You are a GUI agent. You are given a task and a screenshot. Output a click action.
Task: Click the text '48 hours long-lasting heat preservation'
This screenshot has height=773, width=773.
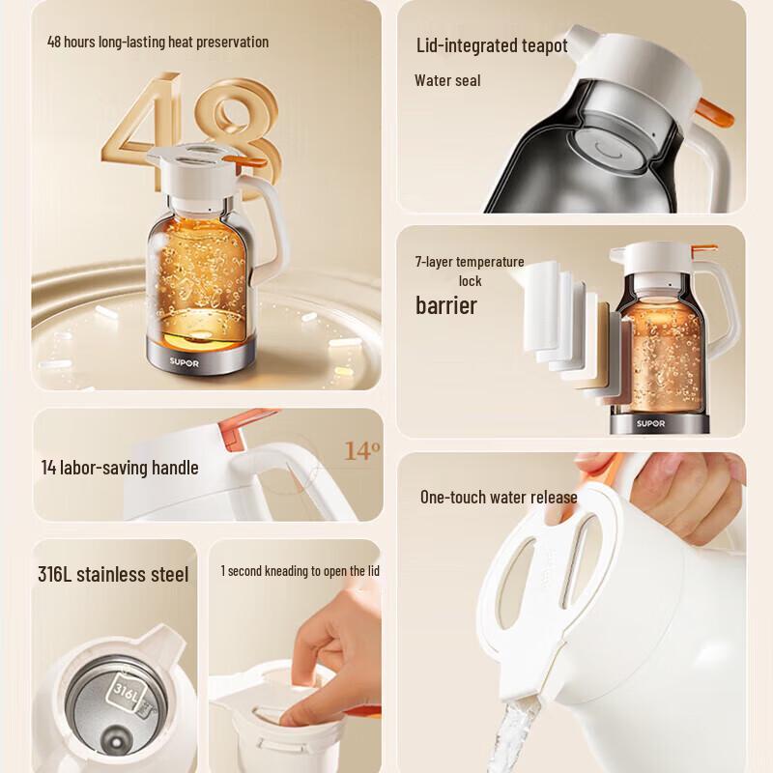click(158, 42)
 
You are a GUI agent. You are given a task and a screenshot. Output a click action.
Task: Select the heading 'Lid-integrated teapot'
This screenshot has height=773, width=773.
click(491, 45)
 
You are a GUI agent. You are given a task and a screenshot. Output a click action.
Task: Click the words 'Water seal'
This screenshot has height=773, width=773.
click(447, 80)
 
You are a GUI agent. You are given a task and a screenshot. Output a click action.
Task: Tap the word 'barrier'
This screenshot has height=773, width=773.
click(446, 306)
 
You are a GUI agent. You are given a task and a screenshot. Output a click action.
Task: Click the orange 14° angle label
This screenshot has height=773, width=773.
click(362, 451)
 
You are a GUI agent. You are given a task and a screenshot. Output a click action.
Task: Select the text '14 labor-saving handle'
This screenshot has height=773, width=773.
click(120, 468)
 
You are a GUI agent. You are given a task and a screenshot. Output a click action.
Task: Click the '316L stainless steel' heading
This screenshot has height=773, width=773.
click(113, 575)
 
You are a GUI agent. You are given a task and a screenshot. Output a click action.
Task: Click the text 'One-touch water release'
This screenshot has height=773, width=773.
click(499, 498)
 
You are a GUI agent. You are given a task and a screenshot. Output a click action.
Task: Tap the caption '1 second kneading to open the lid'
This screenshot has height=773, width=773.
click(300, 571)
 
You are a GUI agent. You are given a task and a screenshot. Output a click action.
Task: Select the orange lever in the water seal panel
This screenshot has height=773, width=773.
click(715, 115)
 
